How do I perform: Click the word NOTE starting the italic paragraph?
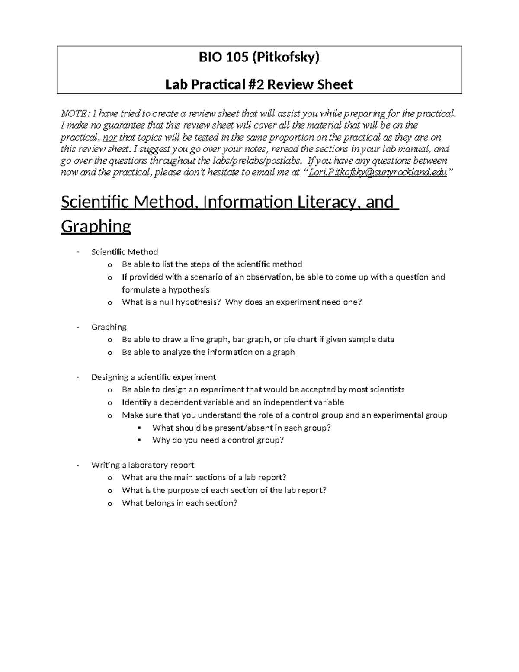(75, 114)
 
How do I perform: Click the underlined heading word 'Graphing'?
(96, 226)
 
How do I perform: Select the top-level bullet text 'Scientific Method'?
(125, 252)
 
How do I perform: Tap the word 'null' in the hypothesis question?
(168, 302)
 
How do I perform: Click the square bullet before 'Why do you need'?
(139, 440)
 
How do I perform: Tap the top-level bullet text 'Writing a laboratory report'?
(143, 465)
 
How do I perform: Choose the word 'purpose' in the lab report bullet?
(188, 490)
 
